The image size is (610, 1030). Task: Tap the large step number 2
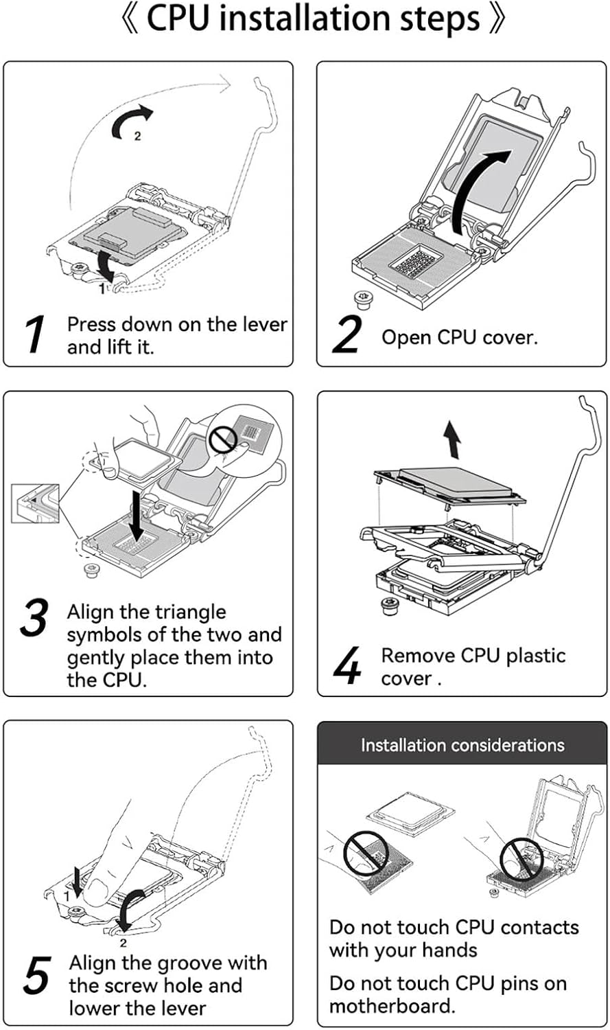[x=347, y=335]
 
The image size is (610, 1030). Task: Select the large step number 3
[x=34, y=617]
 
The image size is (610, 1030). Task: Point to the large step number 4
[x=347, y=665]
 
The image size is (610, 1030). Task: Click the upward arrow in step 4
[x=451, y=439]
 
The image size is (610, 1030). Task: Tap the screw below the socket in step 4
[x=390, y=606]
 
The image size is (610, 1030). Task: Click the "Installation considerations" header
[x=462, y=745]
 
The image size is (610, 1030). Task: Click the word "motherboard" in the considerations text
[x=390, y=1006]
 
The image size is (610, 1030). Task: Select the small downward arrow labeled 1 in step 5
[x=77, y=881]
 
